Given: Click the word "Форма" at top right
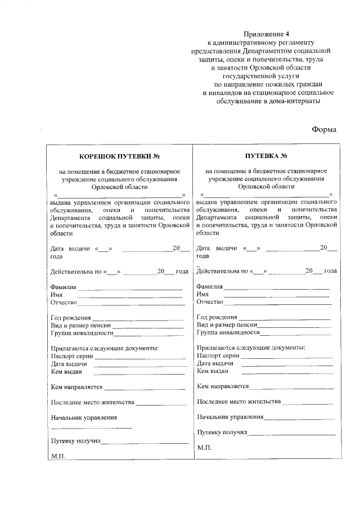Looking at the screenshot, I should [x=324, y=130].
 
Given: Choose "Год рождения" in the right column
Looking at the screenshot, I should [x=217, y=317].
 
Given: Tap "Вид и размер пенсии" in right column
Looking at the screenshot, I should [x=227, y=325].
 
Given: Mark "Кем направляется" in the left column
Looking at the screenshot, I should [x=76, y=387].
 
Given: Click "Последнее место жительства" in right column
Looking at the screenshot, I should [x=238, y=402].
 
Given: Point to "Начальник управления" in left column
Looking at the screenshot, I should [x=84, y=417].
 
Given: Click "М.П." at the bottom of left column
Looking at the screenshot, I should [x=58, y=456].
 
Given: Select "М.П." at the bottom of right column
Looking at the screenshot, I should [x=204, y=447].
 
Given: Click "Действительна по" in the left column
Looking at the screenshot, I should [x=74, y=271].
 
